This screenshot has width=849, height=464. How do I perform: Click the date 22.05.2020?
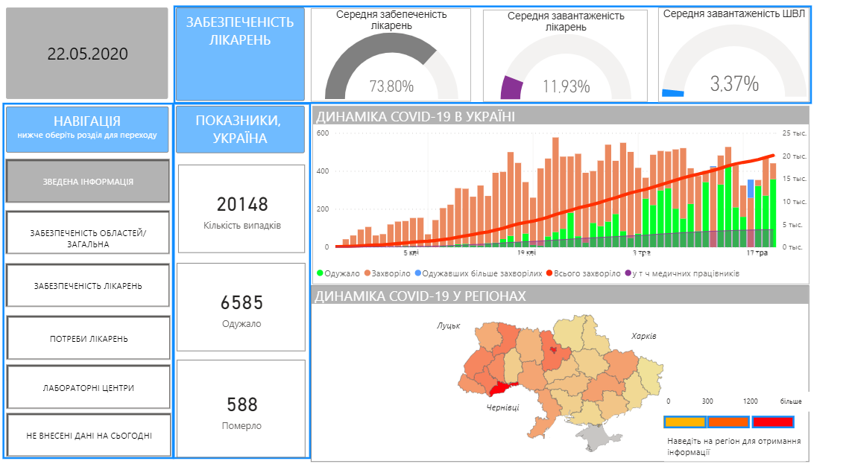tap(87, 54)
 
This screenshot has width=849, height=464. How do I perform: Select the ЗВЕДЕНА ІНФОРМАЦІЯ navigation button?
tap(88, 181)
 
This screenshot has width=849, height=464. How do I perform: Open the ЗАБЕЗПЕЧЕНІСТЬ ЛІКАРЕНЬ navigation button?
tap(88, 285)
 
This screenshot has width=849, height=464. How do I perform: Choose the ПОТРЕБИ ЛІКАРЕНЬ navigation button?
tap(88, 339)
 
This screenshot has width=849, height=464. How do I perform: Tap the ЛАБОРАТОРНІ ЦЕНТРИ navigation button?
tap(88, 388)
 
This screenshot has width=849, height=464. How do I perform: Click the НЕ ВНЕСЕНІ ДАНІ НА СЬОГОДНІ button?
tap(88, 435)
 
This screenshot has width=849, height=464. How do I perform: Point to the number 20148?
tap(242, 205)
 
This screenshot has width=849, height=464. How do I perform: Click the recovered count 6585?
tap(242, 303)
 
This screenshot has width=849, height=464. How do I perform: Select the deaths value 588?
tap(242, 404)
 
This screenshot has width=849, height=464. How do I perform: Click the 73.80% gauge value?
tap(391, 86)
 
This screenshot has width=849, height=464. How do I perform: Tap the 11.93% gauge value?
tap(566, 86)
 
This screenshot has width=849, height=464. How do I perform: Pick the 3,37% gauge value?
tap(734, 83)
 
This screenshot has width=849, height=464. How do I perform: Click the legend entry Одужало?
tap(341, 273)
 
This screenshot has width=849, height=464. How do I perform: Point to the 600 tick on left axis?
tap(323, 133)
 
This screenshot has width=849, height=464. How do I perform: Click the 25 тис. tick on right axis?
tap(795, 133)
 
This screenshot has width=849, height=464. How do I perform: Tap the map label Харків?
tap(643, 336)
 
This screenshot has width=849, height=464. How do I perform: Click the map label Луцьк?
tap(449, 325)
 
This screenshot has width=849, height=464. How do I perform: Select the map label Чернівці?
tap(502, 407)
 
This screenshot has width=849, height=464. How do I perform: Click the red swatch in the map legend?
tap(772, 422)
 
